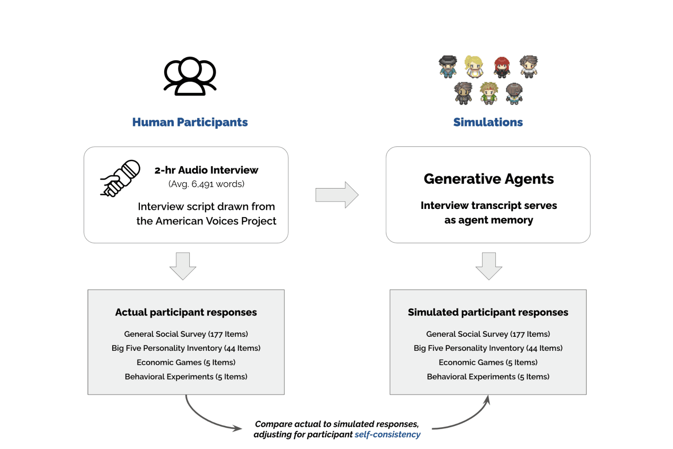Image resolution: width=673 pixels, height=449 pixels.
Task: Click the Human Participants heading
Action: point(190,122)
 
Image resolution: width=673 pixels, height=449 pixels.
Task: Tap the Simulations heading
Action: point(488,122)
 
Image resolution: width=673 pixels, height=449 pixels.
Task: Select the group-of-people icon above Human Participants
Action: point(190,76)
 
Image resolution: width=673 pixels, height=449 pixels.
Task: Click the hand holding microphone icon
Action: point(120,178)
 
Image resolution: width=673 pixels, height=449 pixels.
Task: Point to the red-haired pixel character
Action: point(502,67)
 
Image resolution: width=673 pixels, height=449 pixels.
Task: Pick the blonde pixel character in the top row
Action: point(474,67)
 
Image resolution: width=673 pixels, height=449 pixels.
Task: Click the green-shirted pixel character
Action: point(489,93)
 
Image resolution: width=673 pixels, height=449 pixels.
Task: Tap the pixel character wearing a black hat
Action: point(448,67)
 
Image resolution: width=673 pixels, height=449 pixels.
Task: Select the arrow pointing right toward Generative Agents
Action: point(337,195)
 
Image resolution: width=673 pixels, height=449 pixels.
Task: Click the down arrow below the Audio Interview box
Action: point(183,266)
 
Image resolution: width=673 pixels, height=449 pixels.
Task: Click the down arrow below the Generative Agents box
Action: point(489,266)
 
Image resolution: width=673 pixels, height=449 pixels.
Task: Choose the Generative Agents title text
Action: point(488,179)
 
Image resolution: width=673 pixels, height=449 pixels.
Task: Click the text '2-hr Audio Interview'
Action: point(206,170)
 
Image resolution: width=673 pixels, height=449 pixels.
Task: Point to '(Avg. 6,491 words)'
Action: point(206,184)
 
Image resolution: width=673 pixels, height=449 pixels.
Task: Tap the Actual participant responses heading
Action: point(186,312)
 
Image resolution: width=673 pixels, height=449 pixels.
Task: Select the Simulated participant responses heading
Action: point(488,312)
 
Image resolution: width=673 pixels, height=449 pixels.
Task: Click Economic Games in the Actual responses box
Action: point(186,363)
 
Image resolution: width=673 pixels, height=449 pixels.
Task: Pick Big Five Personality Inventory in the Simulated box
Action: point(488,348)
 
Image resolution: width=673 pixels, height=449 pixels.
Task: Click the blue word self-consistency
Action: point(387,434)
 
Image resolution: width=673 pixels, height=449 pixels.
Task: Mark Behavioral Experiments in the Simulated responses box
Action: point(488,377)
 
